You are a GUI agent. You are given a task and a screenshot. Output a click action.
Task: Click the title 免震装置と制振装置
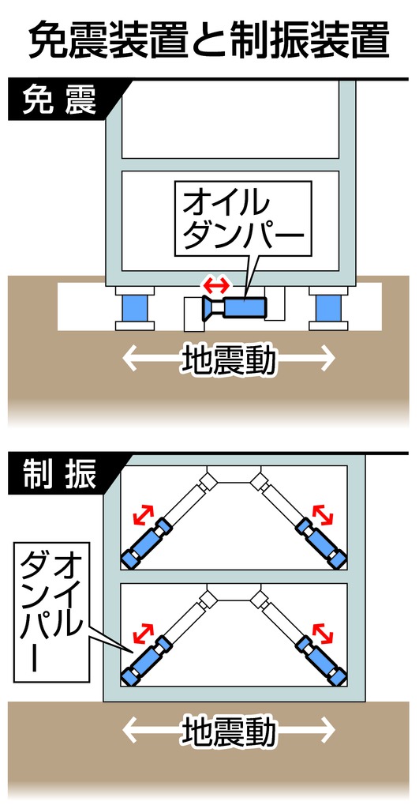pyautogui.click(x=208, y=40)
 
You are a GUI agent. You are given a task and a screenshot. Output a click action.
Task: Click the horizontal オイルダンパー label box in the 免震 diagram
pyautogui.click(x=243, y=219)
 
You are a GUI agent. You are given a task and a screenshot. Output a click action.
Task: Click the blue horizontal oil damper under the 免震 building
pyautogui.click(x=235, y=308)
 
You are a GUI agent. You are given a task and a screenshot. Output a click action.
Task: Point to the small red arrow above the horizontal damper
pyautogui.click(x=216, y=284)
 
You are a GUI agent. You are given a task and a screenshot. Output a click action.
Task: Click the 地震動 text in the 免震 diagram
pyautogui.click(x=228, y=358)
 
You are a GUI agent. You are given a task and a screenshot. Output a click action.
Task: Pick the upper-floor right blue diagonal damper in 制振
pyautogui.click(x=321, y=542)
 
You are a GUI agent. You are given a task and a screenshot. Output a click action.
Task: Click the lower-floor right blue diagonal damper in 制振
pyautogui.click(x=321, y=660)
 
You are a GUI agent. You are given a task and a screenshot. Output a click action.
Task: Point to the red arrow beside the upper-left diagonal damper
pyautogui.click(x=144, y=514)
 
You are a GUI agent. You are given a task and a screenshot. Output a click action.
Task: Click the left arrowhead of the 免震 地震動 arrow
pyautogui.click(x=130, y=359)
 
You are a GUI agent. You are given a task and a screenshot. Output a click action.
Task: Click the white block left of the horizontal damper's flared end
pyautogui.click(x=194, y=314)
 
